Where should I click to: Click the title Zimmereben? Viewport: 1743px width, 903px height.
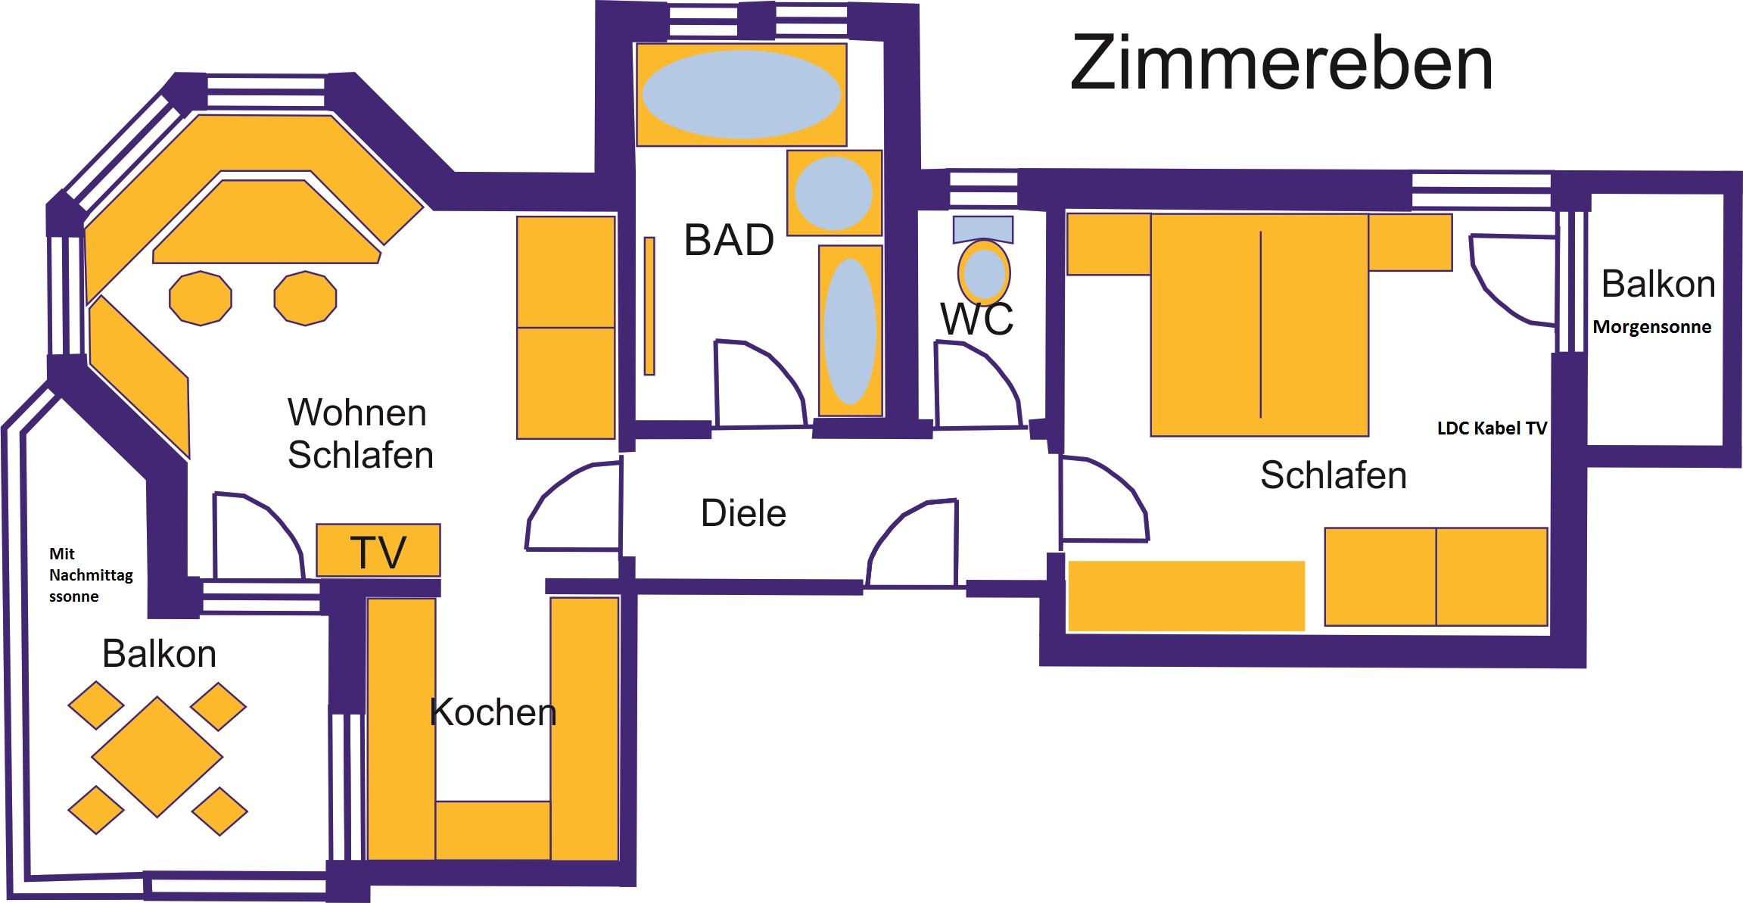click(x=1281, y=64)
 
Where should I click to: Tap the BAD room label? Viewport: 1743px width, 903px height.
click(x=729, y=240)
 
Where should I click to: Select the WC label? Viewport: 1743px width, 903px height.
click(x=977, y=318)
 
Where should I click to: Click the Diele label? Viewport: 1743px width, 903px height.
click(x=743, y=513)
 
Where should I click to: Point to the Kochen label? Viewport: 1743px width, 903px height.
click(x=493, y=712)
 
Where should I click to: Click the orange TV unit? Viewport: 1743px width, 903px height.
click(x=378, y=550)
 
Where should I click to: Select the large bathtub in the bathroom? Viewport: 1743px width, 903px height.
click(x=741, y=95)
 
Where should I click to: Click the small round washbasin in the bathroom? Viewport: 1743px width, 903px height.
click(x=834, y=193)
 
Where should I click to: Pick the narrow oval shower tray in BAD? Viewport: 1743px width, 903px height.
click(x=851, y=331)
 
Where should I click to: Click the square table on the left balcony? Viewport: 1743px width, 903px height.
click(x=157, y=757)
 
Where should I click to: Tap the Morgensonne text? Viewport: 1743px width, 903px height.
click(x=1652, y=328)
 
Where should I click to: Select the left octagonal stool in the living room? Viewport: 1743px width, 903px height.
click(x=201, y=298)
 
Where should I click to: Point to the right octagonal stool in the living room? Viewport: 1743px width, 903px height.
click(x=305, y=298)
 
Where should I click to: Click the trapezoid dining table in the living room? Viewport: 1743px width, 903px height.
click(x=266, y=221)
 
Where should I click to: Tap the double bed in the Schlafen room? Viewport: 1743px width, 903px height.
click(x=1259, y=325)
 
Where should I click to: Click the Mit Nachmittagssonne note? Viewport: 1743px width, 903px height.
click(x=91, y=575)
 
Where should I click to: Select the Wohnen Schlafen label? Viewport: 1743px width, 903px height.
click(x=360, y=434)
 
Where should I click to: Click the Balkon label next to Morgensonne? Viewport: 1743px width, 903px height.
click(x=1658, y=285)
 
